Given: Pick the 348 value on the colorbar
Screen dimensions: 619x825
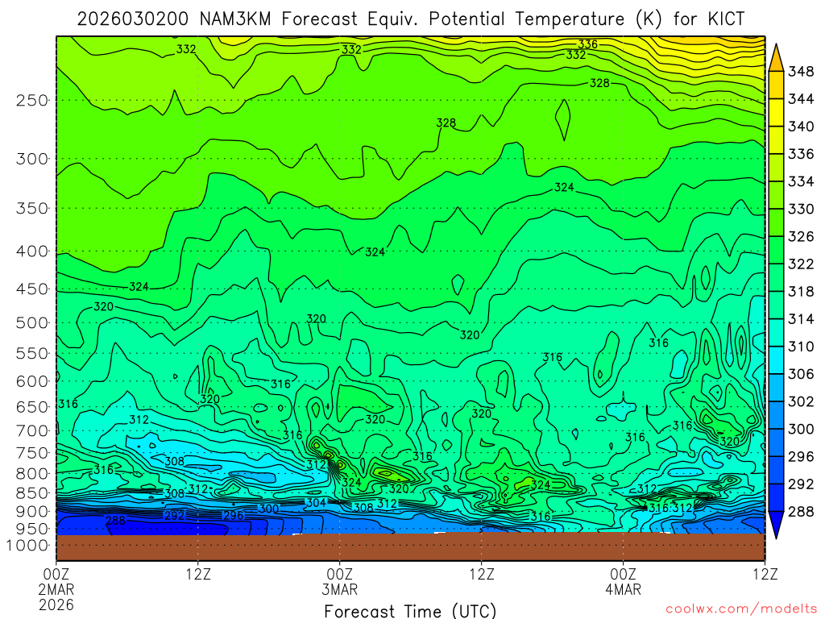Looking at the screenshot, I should (x=801, y=72).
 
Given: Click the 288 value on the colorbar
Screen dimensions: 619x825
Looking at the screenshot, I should (x=801, y=512).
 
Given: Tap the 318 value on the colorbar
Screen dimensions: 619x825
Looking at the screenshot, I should (x=801, y=292).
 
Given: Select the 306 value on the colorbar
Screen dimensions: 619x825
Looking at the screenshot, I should (x=801, y=374).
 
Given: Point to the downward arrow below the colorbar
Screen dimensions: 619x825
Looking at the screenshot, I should (x=775, y=528).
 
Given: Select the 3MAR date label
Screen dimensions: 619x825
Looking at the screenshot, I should (x=339, y=589).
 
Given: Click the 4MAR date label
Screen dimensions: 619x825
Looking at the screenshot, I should (x=623, y=589).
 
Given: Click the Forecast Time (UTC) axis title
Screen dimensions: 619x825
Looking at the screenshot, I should (x=410, y=610).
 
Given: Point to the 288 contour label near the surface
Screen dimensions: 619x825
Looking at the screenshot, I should (x=116, y=521).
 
